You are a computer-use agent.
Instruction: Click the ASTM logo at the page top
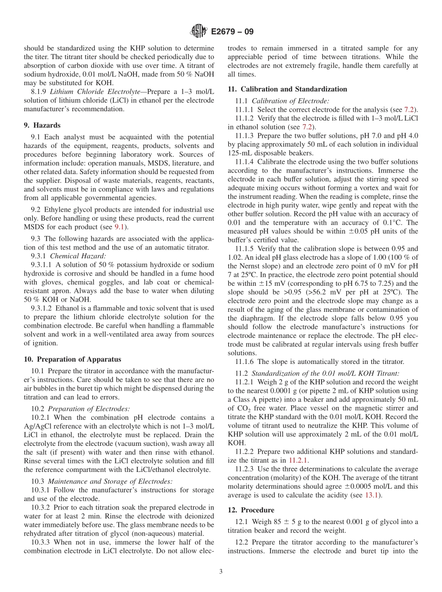click(199, 32)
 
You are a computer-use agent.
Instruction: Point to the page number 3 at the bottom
click(221, 572)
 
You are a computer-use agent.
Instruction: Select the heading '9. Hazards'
click(42, 125)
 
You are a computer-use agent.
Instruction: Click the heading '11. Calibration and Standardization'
click(287, 89)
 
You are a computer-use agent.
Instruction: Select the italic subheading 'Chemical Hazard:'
click(78, 256)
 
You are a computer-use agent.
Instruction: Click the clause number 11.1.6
click(245, 361)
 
